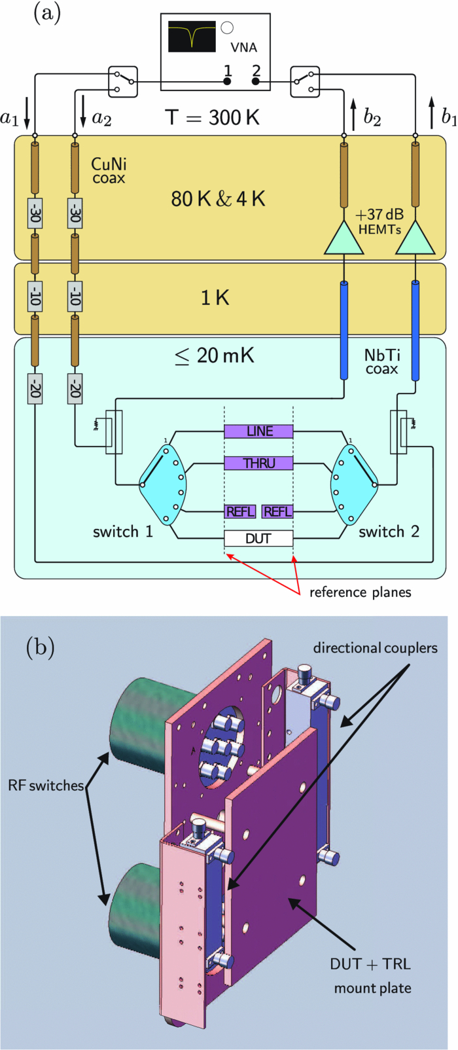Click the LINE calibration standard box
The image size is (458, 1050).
click(x=258, y=431)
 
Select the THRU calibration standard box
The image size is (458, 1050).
click(x=258, y=463)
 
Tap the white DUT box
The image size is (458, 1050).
click(x=258, y=539)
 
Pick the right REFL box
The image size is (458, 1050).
click(x=277, y=511)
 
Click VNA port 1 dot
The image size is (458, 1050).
click(x=227, y=81)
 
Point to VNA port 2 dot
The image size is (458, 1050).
click(x=256, y=81)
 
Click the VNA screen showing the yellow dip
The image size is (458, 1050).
click(x=192, y=35)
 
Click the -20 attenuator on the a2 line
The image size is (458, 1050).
click(x=75, y=391)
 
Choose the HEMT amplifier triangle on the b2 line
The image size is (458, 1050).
click(x=343, y=237)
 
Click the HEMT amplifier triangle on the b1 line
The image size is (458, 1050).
click(x=415, y=237)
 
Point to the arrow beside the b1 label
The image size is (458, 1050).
click(x=432, y=113)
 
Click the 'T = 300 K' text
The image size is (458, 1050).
click(x=212, y=117)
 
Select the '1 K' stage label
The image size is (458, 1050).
click(x=215, y=299)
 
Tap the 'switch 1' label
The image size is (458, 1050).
click(x=123, y=531)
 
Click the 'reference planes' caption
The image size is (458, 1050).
click(x=361, y=592)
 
